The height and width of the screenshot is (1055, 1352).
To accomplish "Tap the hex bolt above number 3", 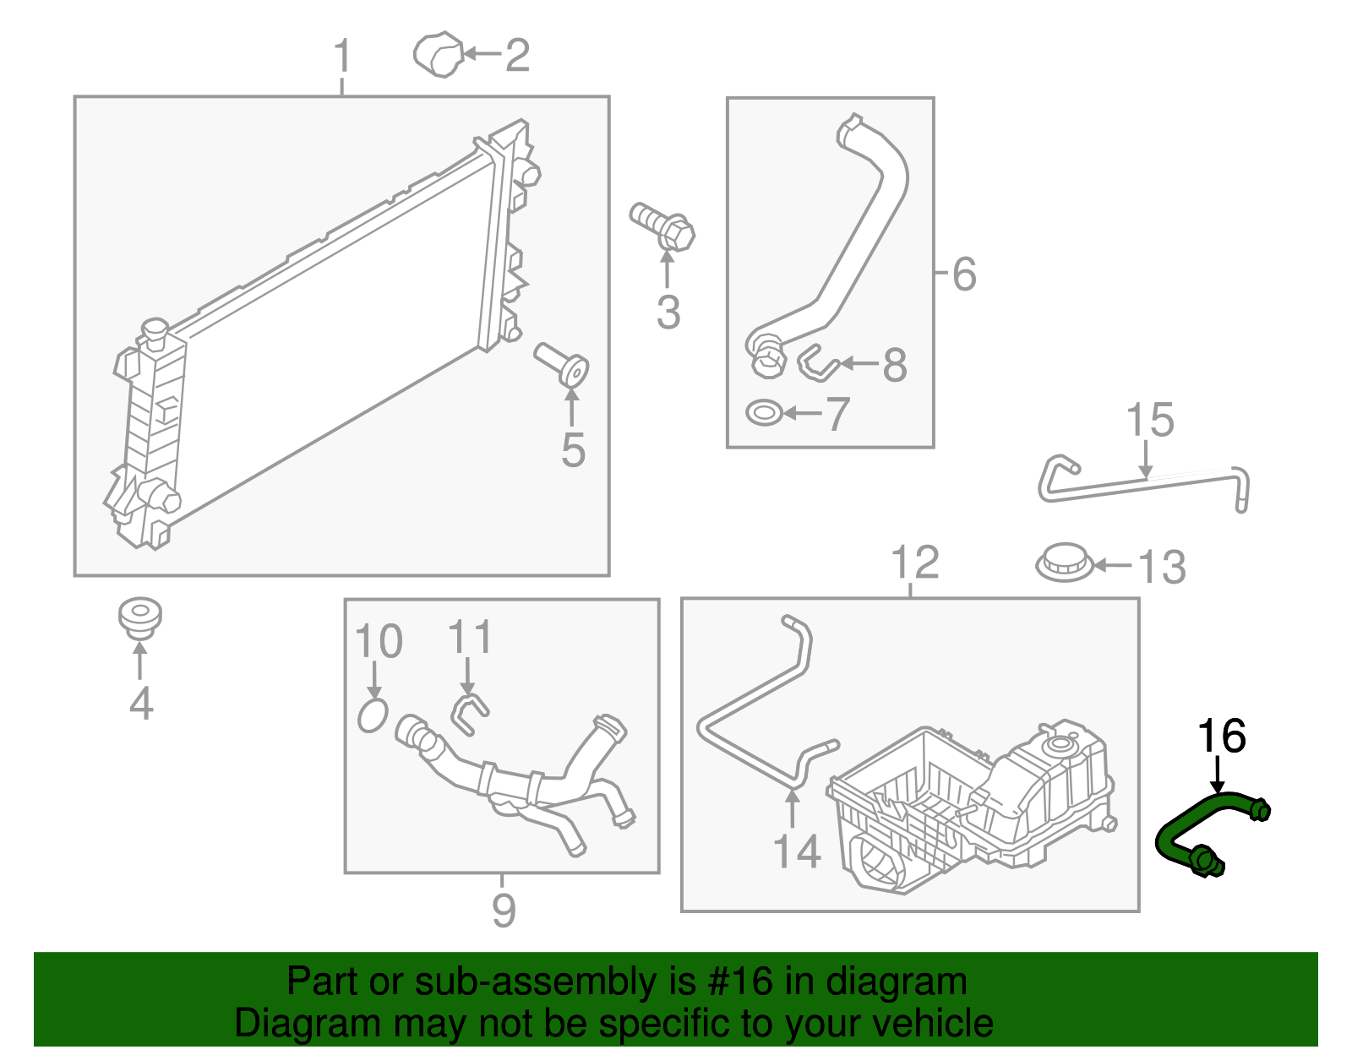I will pyautogui.click(x=664, y=226).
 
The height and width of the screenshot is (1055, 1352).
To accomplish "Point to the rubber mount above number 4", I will pyautogui.click(x=139, y=617).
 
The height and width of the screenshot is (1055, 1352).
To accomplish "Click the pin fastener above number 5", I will pyautogui.click(x=562, y=363).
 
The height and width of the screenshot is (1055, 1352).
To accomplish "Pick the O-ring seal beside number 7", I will pyautogui.click(x=764, y=414).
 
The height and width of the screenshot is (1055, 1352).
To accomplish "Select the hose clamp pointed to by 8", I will pyautogui.click(x=816, y=364).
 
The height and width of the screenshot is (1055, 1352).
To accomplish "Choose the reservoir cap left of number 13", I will pyautogui.click(x=1065, y=562).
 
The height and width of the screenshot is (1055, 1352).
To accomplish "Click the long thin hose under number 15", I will pyautogui.click(x=1141, y=485).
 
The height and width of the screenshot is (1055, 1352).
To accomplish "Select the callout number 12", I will pyautogui.click(x=915, y=563).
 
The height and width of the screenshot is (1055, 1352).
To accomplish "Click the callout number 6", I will pyautogui.click(x=964, y=275).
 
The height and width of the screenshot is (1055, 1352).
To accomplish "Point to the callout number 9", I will pyautogui.click(x=504, y=911).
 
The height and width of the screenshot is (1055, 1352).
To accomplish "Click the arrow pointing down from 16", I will pyautogui.click(x=1218, y=773).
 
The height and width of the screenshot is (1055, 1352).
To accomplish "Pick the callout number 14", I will pyautogui.click(x=797, y=851).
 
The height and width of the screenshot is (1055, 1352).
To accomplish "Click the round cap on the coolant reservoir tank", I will pyautogui.click(x=1058, y=745).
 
